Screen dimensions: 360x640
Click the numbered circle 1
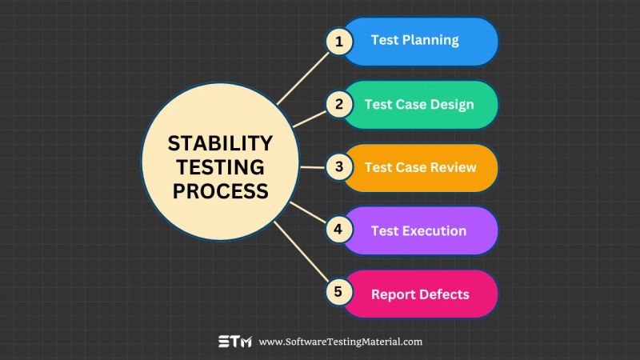click(338, 42)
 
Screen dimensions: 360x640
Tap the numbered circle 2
click(338, 104)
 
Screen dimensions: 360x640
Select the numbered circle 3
click(338, 167)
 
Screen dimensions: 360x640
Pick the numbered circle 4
click(338, 230)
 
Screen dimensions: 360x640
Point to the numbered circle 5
click(338, 293)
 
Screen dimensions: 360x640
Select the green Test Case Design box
click(424, 104)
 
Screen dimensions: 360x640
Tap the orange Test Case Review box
click(424, 167)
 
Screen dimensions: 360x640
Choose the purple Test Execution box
click(424, 230)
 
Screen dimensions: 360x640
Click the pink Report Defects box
click(424, 294)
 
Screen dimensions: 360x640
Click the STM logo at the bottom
click(234, 342)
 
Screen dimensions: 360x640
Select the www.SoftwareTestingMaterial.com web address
click(340, 342)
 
